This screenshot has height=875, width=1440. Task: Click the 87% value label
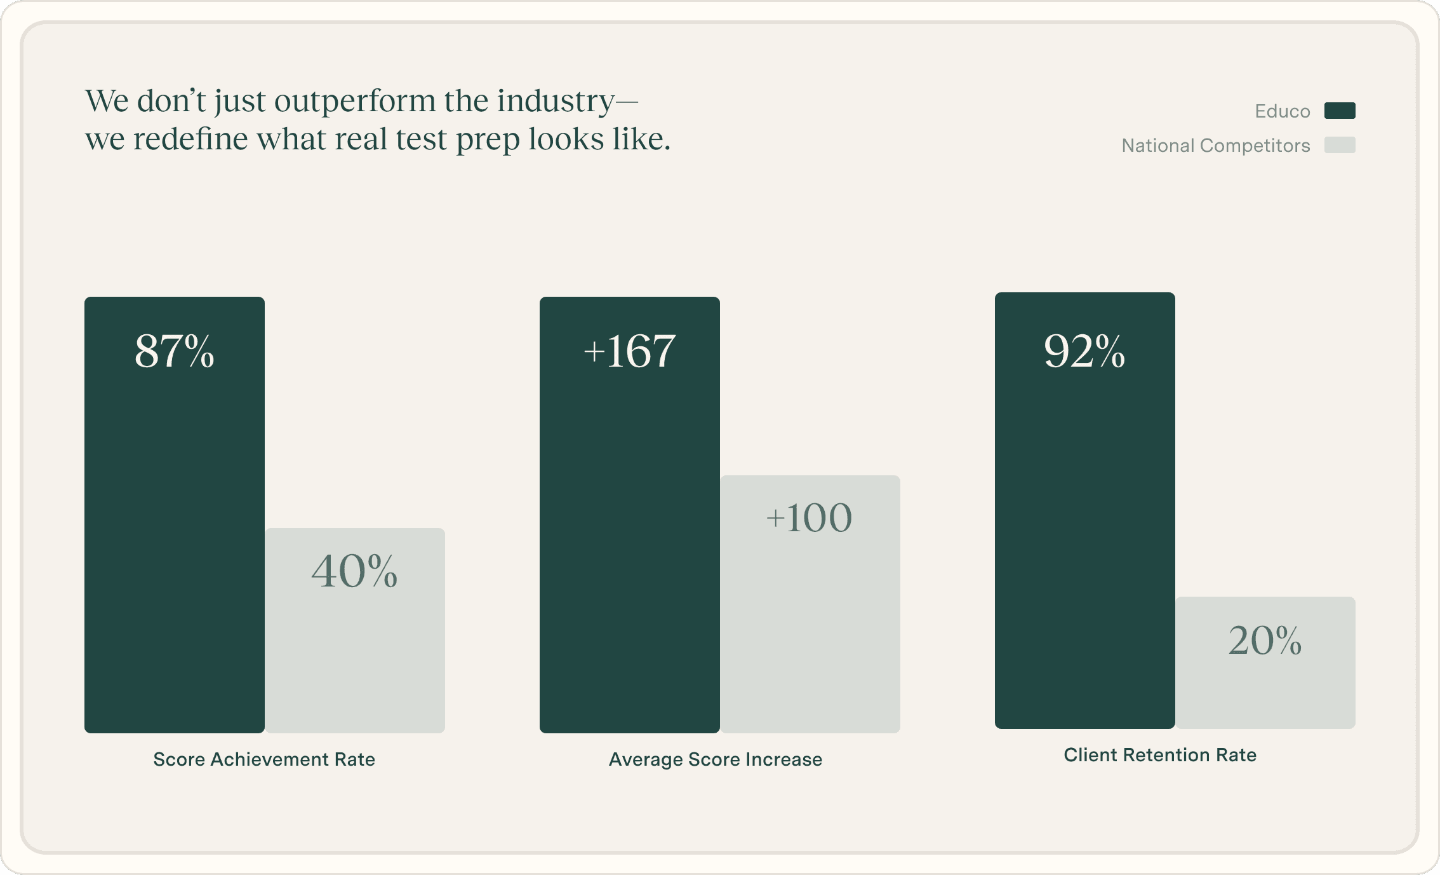point(174,351)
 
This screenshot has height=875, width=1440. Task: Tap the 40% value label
point(354,571)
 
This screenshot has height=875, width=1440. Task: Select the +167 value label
point(629,351)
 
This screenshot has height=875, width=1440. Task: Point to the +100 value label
point(809,518)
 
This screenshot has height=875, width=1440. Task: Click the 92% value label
point(1084,351)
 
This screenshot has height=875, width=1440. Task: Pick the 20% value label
point(1265,641)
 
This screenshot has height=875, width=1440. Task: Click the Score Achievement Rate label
point(264,759)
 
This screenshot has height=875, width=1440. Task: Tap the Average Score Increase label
point(716,759)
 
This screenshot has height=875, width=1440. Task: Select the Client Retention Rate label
point(1160,755)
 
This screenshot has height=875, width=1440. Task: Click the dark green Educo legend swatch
point(1340,111)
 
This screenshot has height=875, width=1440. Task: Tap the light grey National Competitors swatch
point(1340,145)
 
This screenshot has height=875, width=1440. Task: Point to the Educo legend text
point(1283,111)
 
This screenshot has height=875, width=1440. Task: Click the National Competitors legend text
point(1216,146)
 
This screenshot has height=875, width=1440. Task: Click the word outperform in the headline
point(355,102)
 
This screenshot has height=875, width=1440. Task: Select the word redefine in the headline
point(190,139)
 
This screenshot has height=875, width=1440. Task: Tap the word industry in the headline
point(556,102)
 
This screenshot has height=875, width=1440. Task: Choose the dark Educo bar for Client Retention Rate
point(1084,540)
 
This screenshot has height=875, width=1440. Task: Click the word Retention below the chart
point(1165,755)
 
